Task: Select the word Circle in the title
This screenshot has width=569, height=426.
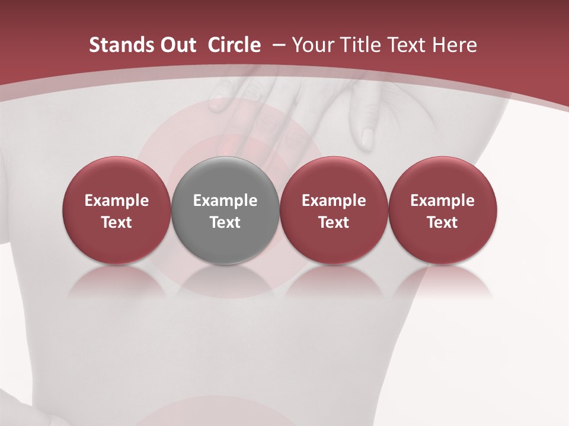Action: (x=234, y=45)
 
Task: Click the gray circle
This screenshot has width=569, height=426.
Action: (x=225, y=210)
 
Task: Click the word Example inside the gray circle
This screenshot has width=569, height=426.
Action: (x=225, y=201)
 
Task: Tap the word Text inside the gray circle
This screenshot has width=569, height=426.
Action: (x=225, y=222)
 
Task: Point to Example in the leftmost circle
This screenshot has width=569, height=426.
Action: (x=117, y=201)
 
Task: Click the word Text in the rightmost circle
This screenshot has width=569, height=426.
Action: (x=442, y=222)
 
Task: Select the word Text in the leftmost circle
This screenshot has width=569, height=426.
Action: (x=117, y=222)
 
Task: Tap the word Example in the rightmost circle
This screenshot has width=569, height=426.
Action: (x=442, y=201)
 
